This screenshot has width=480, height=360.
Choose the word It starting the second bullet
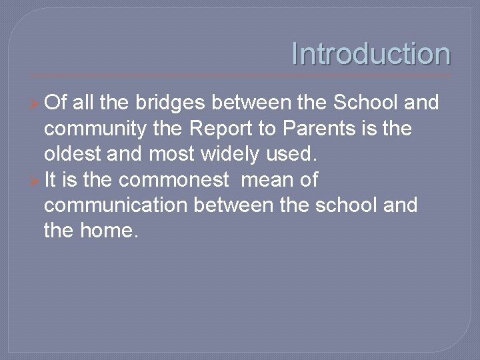51,179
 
